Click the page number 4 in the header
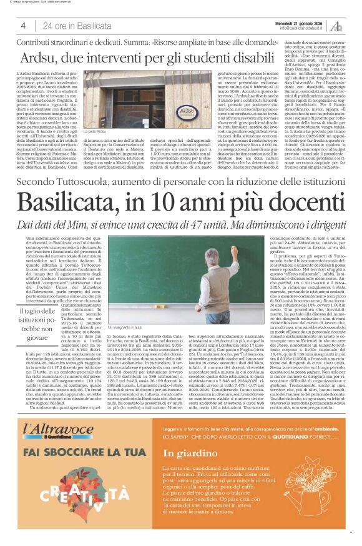[23, 26]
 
